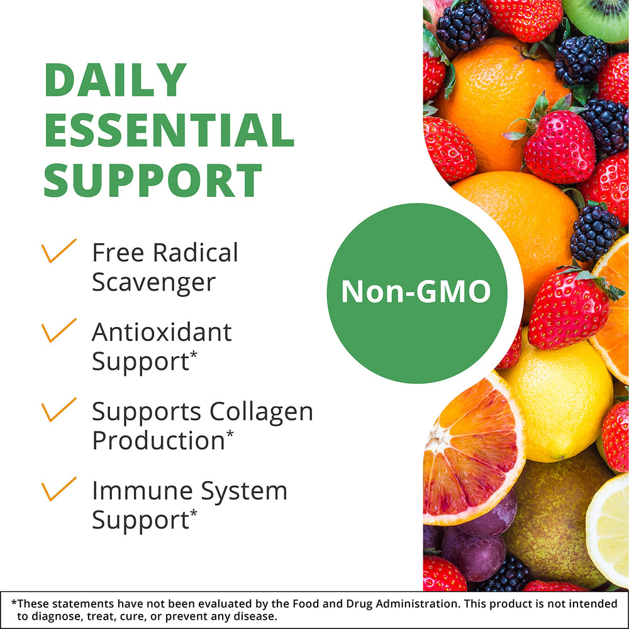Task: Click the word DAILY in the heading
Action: [x=116, y=81]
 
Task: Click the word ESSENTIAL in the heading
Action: [x=169, y=130]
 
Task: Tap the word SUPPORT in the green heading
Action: [x=153, y=180]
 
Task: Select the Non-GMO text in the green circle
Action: [x=416, y=292]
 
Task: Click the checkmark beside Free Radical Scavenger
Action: [x=58, y=250]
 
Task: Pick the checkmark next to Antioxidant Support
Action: [x=58, y=330]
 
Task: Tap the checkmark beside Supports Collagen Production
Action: [x=58, y=409]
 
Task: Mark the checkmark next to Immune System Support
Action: [x=58, y=488]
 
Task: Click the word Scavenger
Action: [x=153, y=282]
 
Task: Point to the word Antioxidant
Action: [x=162, y=331]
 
